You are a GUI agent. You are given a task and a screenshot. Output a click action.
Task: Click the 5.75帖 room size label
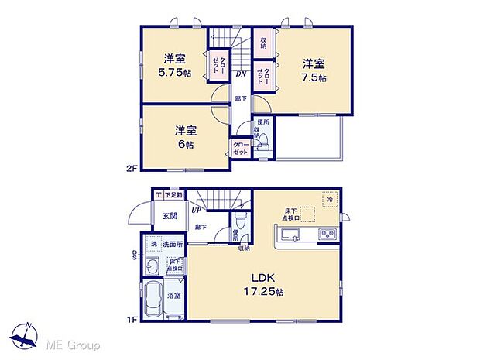point(173,74)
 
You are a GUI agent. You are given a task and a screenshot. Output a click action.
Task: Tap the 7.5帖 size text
point(314,78)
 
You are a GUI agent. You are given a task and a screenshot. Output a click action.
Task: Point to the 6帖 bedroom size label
point(184,144)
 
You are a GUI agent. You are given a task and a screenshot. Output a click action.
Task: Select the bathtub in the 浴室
point(153,300)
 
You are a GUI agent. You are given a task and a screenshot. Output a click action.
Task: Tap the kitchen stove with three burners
point(325,235)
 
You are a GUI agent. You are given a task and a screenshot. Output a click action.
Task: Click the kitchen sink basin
point(281,235)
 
